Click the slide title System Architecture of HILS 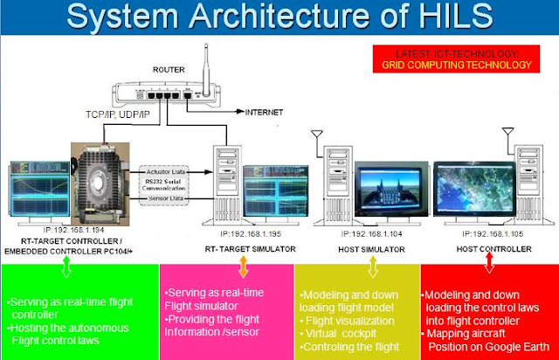click(x=279, y=17)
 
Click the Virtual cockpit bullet click(x=340, y=333)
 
